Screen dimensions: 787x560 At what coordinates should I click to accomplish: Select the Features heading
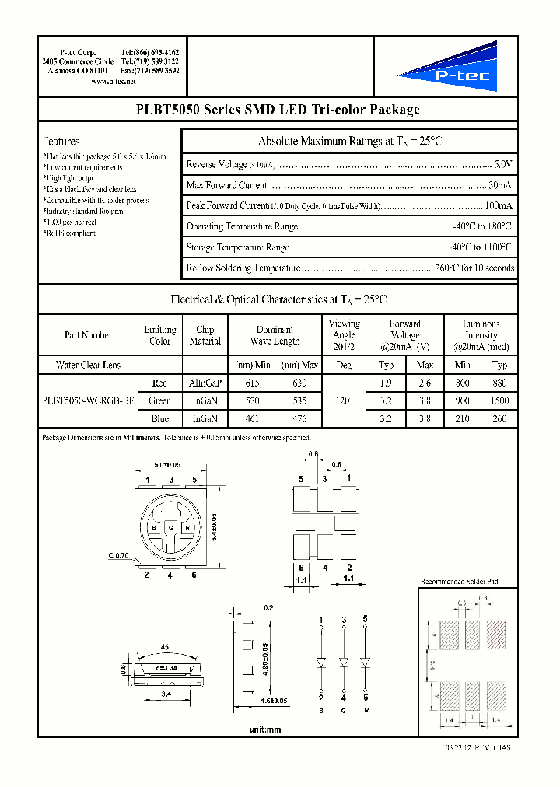[61, 142]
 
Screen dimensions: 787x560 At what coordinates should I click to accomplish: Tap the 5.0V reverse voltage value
[503, 164]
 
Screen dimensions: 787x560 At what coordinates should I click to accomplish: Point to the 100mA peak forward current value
[499, 206]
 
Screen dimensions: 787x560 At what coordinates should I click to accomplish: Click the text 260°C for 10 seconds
[474, 268]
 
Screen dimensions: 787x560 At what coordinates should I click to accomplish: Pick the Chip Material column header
[205, 335]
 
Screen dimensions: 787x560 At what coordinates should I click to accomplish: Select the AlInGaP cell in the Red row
[205, 383]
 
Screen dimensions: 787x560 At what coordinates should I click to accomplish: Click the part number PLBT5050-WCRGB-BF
[86, 401]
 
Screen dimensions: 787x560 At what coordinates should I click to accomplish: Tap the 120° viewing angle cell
[344, 401]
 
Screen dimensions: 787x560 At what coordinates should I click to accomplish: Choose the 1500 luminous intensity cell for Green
[500, 401]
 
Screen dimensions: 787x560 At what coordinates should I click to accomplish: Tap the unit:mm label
[264, 729]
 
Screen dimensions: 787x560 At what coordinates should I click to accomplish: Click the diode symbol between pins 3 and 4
[343, 663]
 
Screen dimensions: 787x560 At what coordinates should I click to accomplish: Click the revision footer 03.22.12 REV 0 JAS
[474, 748]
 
